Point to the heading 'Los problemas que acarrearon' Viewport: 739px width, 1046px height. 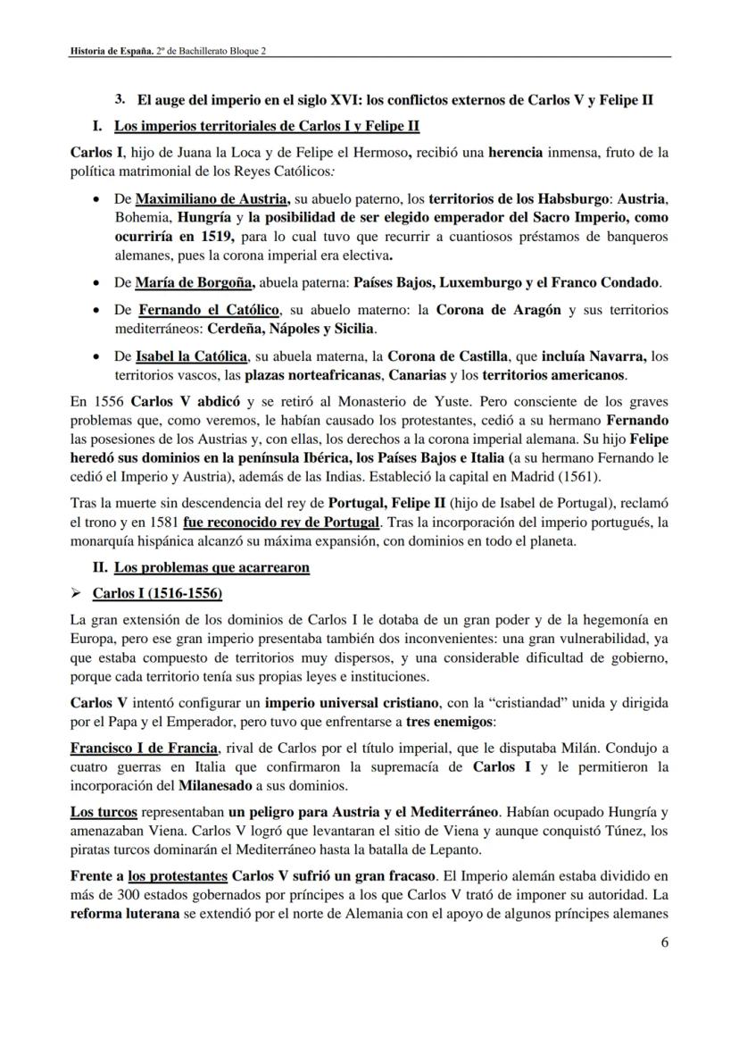coord(212,567)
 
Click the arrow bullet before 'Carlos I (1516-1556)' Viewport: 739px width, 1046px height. coord(77,593)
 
